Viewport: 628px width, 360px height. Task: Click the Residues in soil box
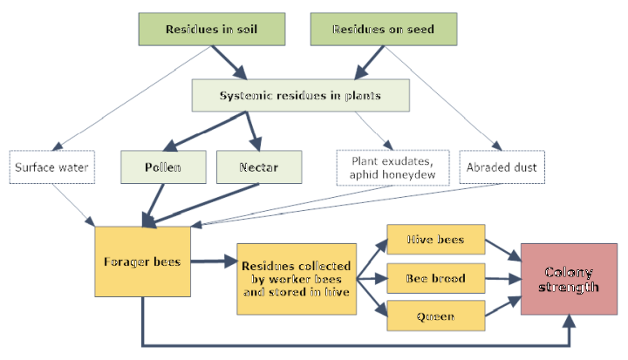[211, 30]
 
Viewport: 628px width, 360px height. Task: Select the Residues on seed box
[383, 30]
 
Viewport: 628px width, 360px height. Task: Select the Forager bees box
[142, 262]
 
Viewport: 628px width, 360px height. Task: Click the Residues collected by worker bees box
[296, 279]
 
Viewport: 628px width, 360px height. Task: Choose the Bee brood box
[435, 279]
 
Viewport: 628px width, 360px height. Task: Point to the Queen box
[435, 316]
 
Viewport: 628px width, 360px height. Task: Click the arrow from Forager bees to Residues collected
[214, 262]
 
